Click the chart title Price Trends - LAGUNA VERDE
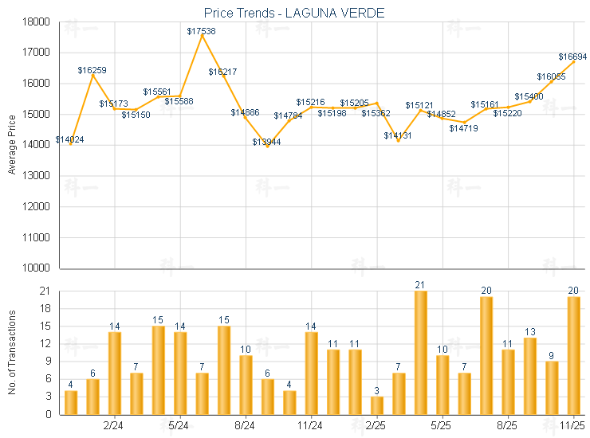coord(293,12)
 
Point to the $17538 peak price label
coord(201,31)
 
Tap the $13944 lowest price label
coord(266,142)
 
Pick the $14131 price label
coord(398,135)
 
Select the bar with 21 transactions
coord(420,353)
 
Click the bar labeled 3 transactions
coord(376,405)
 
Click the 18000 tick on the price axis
coord(38,22)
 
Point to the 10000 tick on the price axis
coord(38,268)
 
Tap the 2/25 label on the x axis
coord(375,426)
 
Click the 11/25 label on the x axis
coord(573,426)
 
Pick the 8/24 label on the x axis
coord(245,426)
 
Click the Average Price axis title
coord(12,145)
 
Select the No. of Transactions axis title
coord(12,353)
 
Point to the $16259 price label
coord(92,70)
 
